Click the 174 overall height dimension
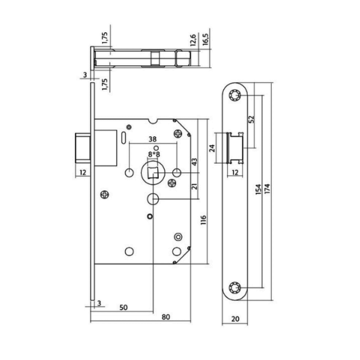tap(267, 189)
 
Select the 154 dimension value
tap(259, 189)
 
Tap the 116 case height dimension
tap(203, 220)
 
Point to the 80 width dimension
tap(166, 317)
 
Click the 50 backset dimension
tap(123, 308)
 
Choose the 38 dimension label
tap(153, 139)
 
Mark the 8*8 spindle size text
tap(154, 154)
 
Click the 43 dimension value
tap(195, 161)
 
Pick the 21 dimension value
tap(195, 186)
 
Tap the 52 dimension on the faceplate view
tap(251, 119)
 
